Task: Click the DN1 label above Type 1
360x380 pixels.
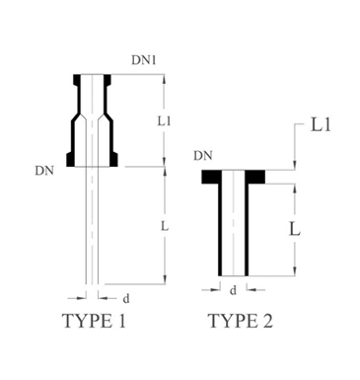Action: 144,60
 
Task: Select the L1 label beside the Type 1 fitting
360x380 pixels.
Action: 164,121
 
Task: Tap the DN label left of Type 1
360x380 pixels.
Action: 44,171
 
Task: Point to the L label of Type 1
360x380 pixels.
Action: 165,225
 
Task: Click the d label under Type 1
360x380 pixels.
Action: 126,299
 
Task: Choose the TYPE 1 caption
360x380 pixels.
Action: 94,321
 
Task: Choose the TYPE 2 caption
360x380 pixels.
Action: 241,321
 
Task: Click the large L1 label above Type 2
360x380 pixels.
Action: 321,125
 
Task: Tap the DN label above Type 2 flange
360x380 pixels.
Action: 203,156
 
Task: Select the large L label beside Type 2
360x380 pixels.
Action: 295,229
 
